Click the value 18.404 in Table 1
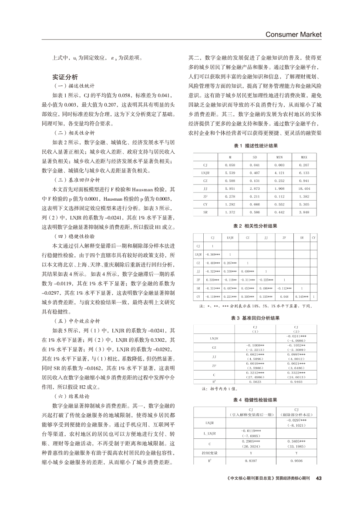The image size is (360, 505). point(304,188)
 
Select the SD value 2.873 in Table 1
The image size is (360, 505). point(255,188)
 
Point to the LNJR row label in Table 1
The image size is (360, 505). point(206,172)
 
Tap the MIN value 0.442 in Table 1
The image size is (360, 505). point(279,212)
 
